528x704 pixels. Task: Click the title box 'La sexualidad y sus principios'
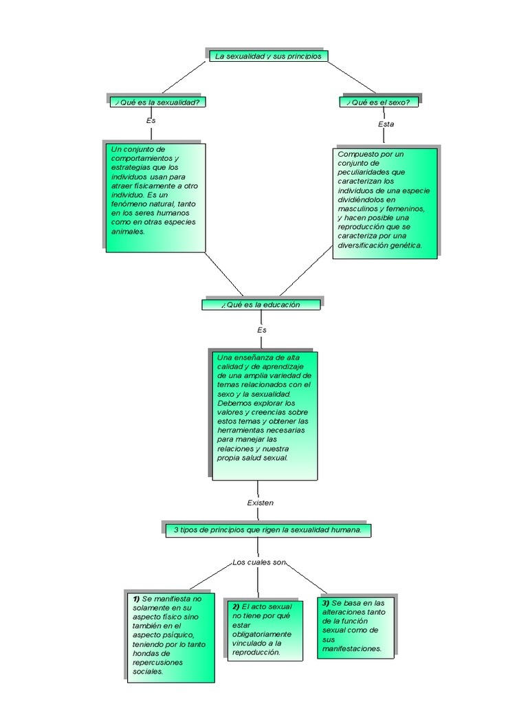pos(267,56)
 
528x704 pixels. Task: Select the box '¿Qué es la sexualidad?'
pos(158,102)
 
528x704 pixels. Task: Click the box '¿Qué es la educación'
pos(261,305)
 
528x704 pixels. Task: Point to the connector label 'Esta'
pos(386,124)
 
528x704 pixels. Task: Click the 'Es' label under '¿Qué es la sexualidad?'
pos(151,120)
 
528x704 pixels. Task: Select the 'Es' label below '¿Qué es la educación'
pos(262,330)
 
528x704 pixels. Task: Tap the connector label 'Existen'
pos(261,503)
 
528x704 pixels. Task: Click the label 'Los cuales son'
pos(259,562)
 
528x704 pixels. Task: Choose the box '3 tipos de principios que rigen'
pos(272,529)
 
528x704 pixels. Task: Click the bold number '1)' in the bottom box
pos(136,599)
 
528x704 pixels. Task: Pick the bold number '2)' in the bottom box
pos(236,607)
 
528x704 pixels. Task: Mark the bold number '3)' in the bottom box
pos(326,603)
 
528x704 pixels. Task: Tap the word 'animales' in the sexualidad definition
pos(128,232)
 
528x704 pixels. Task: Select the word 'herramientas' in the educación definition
pos(239,430)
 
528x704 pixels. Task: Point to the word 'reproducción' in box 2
pos(256,652)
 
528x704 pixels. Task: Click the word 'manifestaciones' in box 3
pos(349,648)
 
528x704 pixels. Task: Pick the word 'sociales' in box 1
pos(148,671)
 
